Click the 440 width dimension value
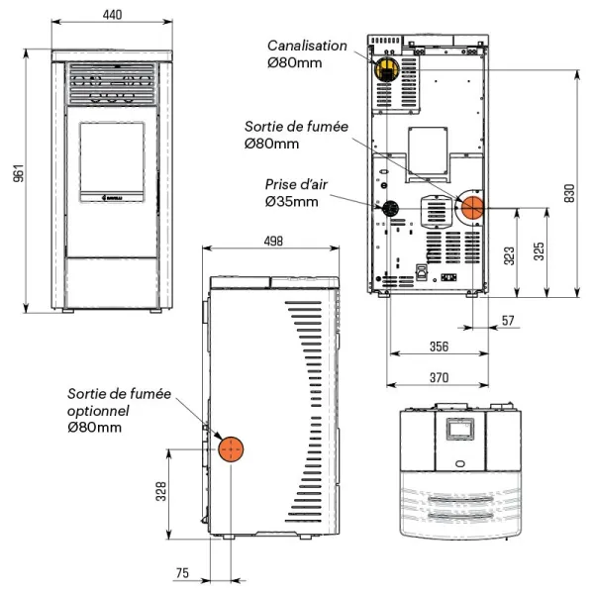pos(112,15)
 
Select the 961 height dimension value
pos(18,173)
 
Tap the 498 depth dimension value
pos(273,241)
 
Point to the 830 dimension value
pos(569,193)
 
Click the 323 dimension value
pos(510,255)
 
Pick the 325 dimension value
pos(539,251)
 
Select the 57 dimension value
pos(508,321)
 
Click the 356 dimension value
pos(439,346)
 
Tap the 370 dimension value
pos(439,378)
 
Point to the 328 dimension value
pos(161,491)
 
